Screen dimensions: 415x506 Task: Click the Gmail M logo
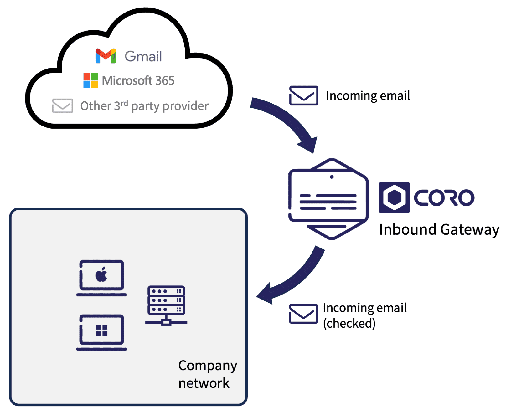pos(106,56)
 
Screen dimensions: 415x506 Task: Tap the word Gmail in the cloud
pos(143,57)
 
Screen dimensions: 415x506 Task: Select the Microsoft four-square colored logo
pos(91,80)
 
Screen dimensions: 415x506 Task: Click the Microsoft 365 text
pos(138,81)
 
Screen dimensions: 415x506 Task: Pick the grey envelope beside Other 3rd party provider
pos(63,106)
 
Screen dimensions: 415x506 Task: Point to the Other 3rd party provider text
pos(144,106)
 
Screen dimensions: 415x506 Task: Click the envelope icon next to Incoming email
pos(303,95)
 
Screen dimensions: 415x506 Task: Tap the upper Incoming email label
pos(368,96)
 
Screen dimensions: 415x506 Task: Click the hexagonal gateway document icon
pos(328,199)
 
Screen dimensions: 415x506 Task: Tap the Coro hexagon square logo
pos(394,197)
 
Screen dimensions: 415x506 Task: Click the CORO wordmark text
pos(444,198)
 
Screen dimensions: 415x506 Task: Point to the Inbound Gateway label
pos(439,229)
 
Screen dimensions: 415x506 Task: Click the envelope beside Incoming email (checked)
pos(303,314)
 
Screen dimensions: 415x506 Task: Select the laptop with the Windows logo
pos(102,332)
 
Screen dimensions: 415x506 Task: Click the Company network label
pos(207,374)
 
